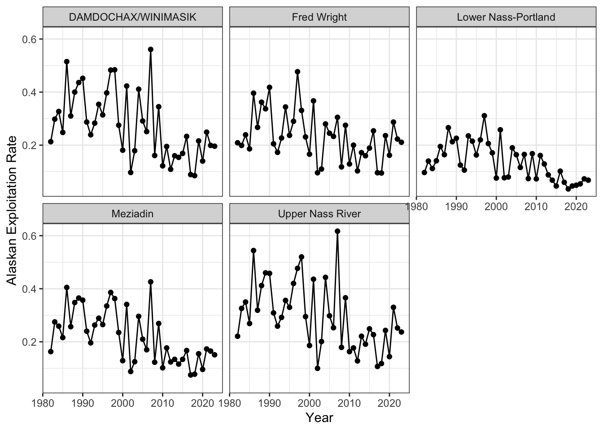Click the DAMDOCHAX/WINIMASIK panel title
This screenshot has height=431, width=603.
[x=132, y=17]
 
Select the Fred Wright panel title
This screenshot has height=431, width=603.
[x=319, y=17]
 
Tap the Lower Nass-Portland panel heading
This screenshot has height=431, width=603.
[x=506, y=17]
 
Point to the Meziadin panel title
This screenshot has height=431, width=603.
[x=132, y=214]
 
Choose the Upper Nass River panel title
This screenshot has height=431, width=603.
[x=319, y=214]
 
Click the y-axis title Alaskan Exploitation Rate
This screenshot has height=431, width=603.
[x=11, y=211]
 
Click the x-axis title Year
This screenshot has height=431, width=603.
[x=319, y=418]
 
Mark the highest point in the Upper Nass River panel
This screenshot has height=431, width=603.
[x=337, y=231]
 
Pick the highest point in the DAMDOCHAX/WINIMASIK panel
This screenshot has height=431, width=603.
[x=151, y=49]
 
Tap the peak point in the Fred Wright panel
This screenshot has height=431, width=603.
[x=297, y=72]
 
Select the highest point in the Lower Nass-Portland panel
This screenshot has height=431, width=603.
[x=484, y=116]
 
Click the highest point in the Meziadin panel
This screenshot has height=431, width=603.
[x=151, y=282]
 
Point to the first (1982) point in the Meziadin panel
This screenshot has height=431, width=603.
[x=51, y=352]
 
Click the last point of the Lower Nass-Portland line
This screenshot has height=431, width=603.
[x=588, y=180]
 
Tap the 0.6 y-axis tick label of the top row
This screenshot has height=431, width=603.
[x=29, y=40]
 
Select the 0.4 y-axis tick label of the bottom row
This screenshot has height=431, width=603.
[x=29, y=289]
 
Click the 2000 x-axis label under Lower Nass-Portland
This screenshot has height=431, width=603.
[x=496, y=207]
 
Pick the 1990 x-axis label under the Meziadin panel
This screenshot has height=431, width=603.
[x=83, y=403]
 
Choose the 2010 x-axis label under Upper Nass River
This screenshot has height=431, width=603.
[x=350, y=403]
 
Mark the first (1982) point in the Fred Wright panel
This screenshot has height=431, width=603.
[x=237, y=143]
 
